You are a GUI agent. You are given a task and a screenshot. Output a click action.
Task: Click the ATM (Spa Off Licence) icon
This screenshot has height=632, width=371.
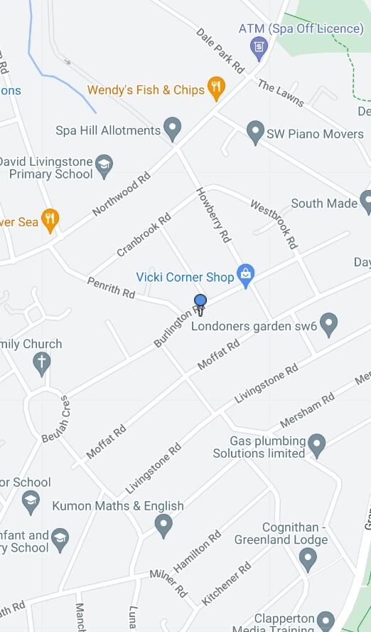(259, 47)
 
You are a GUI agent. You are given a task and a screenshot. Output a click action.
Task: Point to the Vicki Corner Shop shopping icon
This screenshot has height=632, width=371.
(246, 275)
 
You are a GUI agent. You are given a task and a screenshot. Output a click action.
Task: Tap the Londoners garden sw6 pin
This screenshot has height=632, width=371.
(328, 325)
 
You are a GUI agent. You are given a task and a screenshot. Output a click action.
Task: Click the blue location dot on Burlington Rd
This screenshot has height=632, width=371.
(200, 301)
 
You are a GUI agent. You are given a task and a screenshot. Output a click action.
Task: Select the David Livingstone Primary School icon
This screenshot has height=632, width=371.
(104, 165)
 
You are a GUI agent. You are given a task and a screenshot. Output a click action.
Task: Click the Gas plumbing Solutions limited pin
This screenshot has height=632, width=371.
(317, 446)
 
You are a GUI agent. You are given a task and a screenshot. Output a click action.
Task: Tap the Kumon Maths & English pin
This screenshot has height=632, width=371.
(164, 526)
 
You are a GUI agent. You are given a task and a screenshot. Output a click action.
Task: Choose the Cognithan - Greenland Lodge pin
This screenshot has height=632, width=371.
(308, 559)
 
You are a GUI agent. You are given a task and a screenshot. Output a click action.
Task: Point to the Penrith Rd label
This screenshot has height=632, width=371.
(111, 288)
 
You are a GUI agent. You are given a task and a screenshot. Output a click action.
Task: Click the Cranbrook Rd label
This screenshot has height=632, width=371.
(144, 234)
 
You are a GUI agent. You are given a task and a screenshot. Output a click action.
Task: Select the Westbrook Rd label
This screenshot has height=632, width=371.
(273, 222)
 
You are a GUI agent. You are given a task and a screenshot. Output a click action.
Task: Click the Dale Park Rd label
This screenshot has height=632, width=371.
(220, 51)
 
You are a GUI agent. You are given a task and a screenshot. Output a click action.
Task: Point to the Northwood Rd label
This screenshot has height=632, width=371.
(122, 192)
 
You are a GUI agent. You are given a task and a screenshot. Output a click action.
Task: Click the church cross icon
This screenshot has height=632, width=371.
(42, 363)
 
